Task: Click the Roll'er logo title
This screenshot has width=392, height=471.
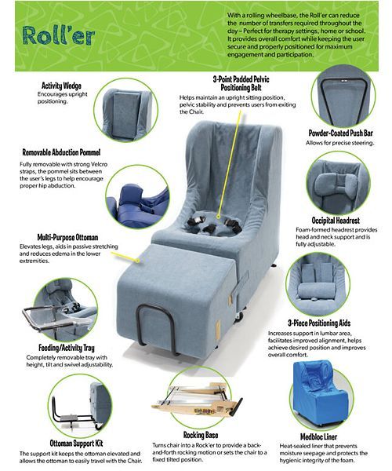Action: coord(59,36)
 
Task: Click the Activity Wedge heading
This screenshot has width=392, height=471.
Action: coord(61,86)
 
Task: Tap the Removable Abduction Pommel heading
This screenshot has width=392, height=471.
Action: coord(61,152)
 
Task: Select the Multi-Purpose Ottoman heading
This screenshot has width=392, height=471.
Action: coord(67,237)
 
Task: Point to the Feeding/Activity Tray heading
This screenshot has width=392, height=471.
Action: coord(67,348)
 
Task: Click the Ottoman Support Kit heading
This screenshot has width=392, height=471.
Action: coord(77,443)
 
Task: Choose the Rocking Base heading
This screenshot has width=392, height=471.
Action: coord(201,435)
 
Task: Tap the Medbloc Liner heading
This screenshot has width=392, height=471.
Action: coord(318,436)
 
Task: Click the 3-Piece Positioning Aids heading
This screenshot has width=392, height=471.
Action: coord(319,323)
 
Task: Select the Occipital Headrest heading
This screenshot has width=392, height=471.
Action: coord(336,221)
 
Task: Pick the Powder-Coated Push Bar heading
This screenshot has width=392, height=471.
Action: coord(341,133)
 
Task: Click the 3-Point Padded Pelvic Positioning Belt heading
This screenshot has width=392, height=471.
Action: coord(241,83)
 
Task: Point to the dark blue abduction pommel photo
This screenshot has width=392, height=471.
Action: coord(138,204)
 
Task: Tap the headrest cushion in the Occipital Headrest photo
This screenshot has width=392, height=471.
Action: coord(336,184)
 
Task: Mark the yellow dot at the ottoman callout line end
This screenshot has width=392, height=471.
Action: coord(138,261)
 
